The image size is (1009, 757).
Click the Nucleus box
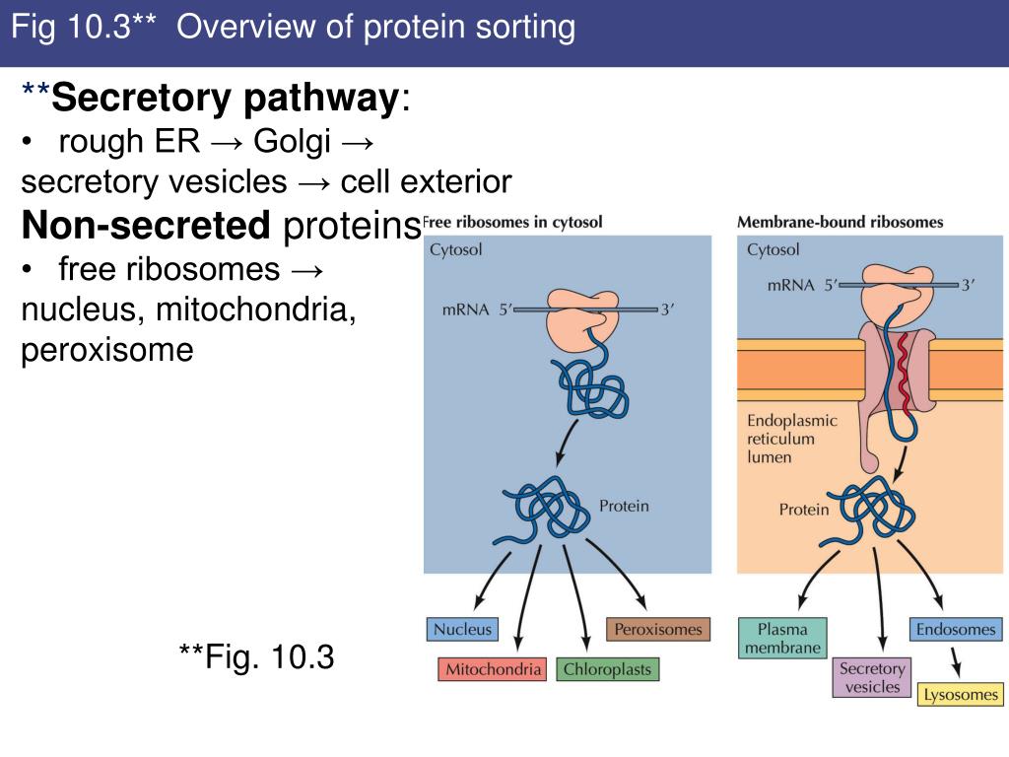tap(462, 629)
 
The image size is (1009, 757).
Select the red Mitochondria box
tap(494, 669)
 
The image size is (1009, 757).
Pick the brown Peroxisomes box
tap(657, 629)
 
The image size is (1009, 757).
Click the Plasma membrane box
tap(782, 638)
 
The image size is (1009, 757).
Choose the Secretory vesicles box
tap(871, 678)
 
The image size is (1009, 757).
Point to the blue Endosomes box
tap(956, 629)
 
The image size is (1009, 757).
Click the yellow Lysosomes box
tap(960, 694)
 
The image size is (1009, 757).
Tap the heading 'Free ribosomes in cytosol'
tap(512, 222)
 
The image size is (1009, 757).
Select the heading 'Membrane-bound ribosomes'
tap(840, 222)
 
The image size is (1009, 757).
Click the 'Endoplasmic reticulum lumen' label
tap(791, 439)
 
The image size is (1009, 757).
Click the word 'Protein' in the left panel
tap(624, 506)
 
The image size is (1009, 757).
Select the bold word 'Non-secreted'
tap(146, 226)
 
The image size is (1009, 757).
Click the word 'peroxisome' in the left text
tap(107, 351)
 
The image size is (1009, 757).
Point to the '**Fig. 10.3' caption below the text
tap(256, 655)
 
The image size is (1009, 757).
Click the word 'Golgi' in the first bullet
tap(292, 141)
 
